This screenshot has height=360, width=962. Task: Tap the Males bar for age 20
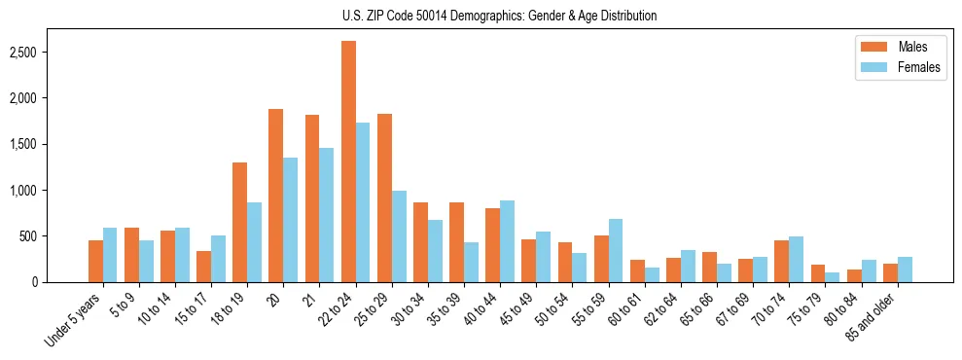[x=276, y=196]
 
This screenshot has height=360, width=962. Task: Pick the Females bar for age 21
[x=327, y=215]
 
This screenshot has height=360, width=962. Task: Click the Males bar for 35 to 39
[x=456, y=242]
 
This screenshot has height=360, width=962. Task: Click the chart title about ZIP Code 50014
[x=500, y=16]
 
